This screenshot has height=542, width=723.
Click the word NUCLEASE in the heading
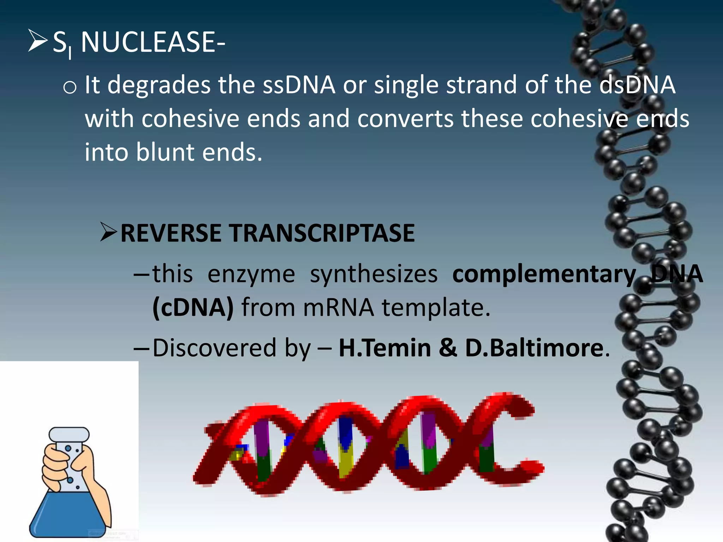coord(148,42)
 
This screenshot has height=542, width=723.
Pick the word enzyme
coord(251,275)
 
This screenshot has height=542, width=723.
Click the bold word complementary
coord(544,275)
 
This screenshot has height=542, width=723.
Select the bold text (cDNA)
coord(193,308)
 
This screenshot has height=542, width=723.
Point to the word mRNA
coord(338,308)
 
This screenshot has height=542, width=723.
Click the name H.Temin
coord(385,348)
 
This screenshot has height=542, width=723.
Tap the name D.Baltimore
coord(534,348)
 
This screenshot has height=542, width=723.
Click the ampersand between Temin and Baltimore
coord(448,348)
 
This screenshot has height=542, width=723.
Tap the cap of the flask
coord(69,435)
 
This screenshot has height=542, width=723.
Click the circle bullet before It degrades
coord(70,87)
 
